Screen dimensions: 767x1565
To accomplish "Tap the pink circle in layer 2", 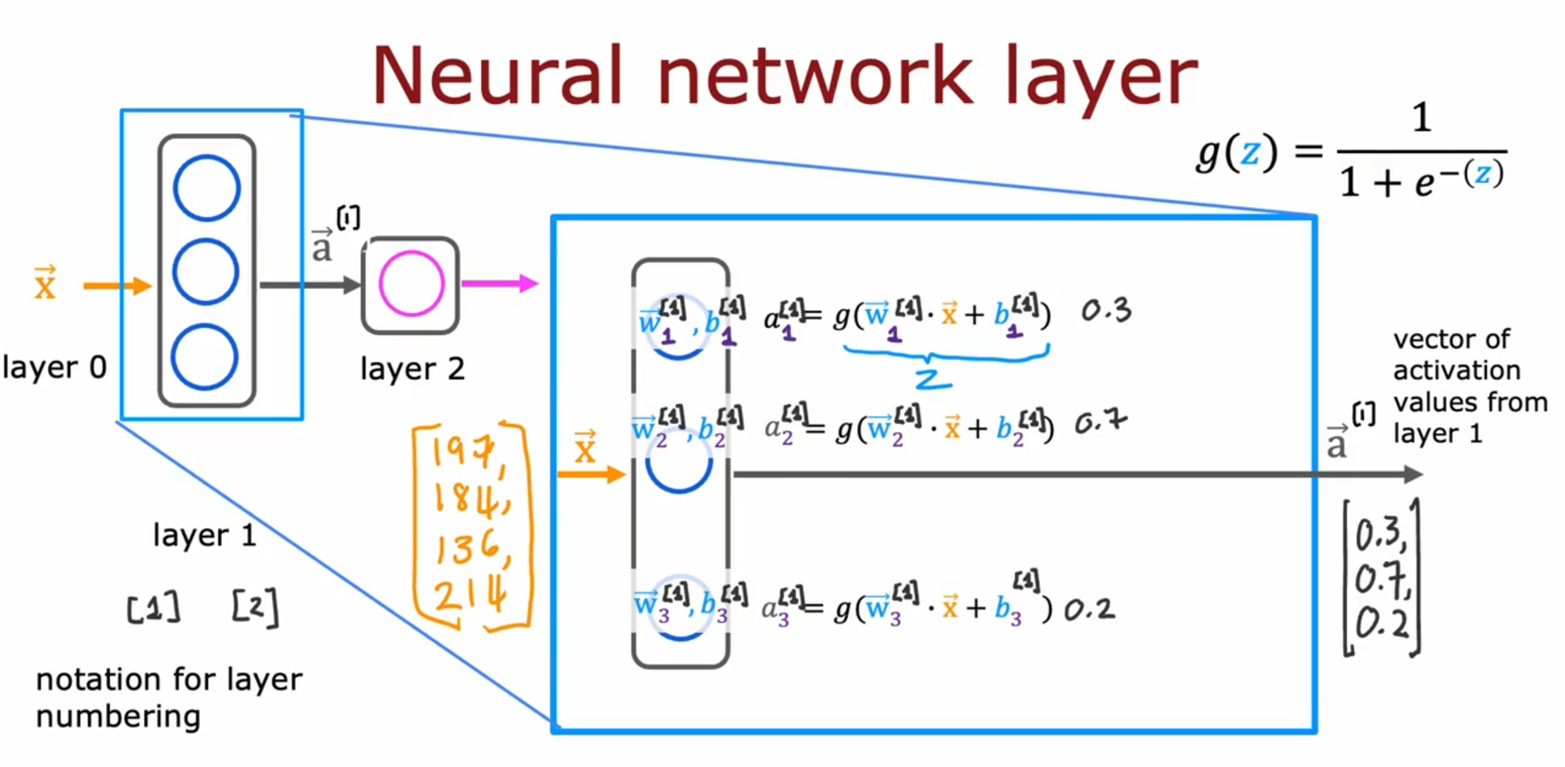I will pyautogui.click(x=412, y=284).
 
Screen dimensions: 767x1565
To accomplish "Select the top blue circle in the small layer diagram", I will pyautogui.click(x=207, y=188).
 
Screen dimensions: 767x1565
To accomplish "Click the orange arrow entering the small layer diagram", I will pyautogui.click(x=117, y=285).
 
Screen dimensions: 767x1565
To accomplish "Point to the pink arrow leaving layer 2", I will pyautogui.click(x=499, y=284).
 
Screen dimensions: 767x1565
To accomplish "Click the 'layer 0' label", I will pyautogui.click(x=55, y=368).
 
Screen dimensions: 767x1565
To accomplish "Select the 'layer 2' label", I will pyautogui.click(x=412, y=369).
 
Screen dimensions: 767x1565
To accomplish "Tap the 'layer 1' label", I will pyautogui.click(x=204, y=535).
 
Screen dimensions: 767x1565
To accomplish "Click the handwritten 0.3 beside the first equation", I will pyautogui.click(x=1106, y=310).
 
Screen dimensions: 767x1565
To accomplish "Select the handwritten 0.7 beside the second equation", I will pyautogui.click(x=1100, y=422).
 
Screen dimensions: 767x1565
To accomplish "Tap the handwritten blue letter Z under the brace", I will pyautogui.click(x=933, y=379).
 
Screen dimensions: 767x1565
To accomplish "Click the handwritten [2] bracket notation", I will pyautogui.click(x=255, y=608).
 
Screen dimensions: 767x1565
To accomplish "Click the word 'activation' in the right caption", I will pyautogui.click(x=1456, y=371).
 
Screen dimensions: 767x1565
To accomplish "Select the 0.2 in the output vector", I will pyautogui.click(x=1381, y=625).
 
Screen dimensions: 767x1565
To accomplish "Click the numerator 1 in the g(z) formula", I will pyautogui.click(x=1421, y=119).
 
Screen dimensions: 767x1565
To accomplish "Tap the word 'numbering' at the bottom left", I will pyautogui.click(x=118, y=717).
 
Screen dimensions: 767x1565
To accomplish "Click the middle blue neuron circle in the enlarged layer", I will pyautogui.click(x=679, y=465).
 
